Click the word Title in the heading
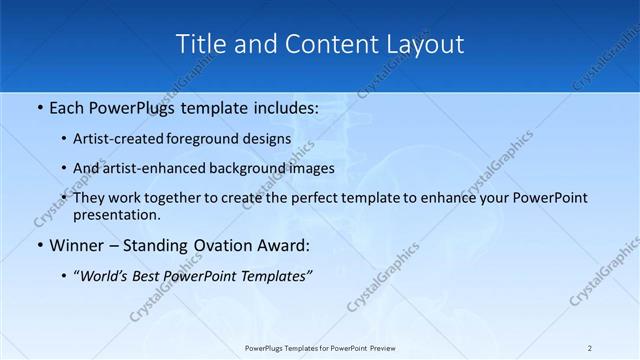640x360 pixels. point(200,44)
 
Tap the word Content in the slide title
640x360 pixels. point(316,44)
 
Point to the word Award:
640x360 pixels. point(287,245)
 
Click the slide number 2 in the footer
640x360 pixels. point(590,348)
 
